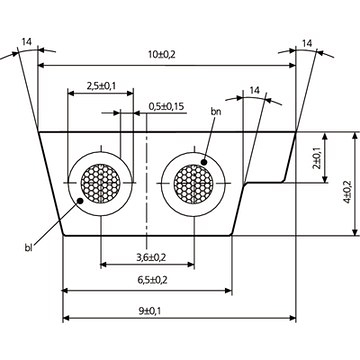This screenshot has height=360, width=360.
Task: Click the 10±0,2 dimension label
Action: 161,55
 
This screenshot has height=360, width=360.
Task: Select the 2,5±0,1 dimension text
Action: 101,86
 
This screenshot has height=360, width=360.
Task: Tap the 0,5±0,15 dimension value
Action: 166,106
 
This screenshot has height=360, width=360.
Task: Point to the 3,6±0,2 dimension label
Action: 151,257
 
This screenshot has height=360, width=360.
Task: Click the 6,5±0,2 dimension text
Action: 152,280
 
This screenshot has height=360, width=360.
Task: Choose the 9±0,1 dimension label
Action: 149,311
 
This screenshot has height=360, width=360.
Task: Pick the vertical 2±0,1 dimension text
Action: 317,158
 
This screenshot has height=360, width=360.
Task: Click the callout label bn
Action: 216,111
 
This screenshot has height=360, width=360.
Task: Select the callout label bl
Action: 28,248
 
